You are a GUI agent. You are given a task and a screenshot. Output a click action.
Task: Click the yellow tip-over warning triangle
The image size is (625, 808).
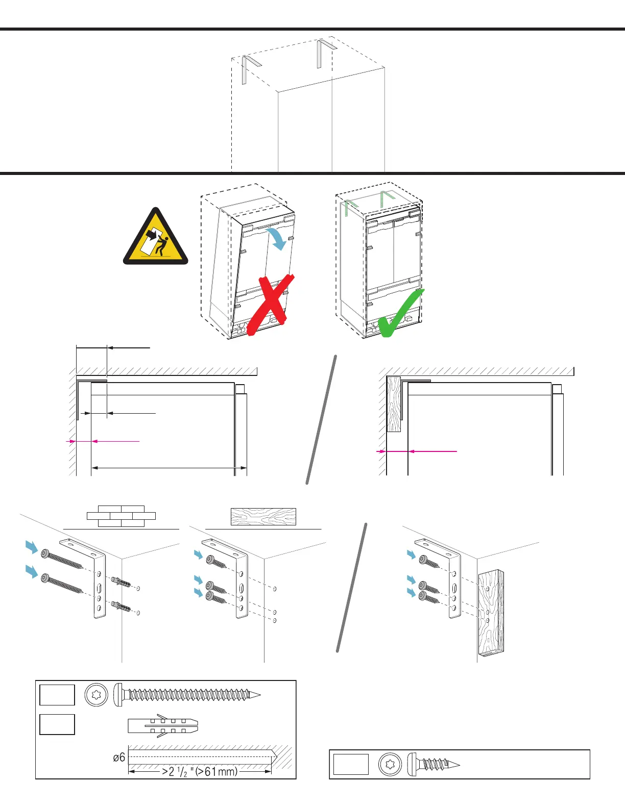point(156,239)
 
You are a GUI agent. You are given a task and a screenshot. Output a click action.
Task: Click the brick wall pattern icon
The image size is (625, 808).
point(121,516)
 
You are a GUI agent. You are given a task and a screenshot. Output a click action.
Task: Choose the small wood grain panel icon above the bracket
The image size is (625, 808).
point(263,517)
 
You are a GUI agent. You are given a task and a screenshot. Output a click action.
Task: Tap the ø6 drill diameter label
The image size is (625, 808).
point(119,757)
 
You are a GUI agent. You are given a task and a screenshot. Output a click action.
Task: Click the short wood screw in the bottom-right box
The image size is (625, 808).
point(434,764)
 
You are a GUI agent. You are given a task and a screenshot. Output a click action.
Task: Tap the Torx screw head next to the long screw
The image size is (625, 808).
point(96,695)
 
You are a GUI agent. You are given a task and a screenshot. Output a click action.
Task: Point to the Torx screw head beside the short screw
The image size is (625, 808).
point(391,764)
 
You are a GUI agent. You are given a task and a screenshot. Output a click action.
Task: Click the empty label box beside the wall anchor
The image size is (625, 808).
point(57,724)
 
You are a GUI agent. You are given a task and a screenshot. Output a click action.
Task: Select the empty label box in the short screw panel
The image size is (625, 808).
point(351,764)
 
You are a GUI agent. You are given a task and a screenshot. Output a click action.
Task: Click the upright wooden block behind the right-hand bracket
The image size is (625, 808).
point(491,613)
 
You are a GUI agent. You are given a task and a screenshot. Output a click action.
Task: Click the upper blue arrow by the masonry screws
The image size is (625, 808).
point(32,547)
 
